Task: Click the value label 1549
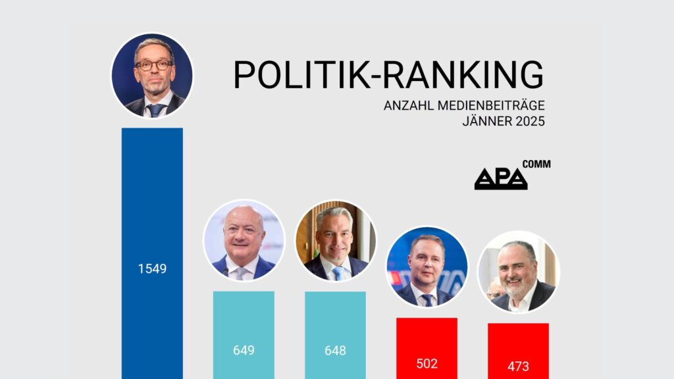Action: pyautogui.click(x=152, y=268)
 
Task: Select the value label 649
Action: pyautogui.click(x=244, y=350)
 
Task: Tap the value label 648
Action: pyautogui.click(x=335, y=350)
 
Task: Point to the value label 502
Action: pyautogui.click(x=427, y=363)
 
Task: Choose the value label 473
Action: pyautogui.click(x=518, y=366)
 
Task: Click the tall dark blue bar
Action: pyautogui.click(x=152, y=197)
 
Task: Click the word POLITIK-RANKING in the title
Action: pyautogui.click(x=389, y=74)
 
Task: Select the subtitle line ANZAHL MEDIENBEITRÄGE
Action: pyautogui.click(x=465, y=106)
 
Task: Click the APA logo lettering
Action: pyautogui.click(x=501, y=179)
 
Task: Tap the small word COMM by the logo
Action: pyautogui.click(x=536, y=164)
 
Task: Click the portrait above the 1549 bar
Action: pyautogui.click(x=152, y=74)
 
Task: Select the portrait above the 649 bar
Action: pyautogui.click(x=244, y=240)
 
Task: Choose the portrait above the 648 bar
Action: pyautogui.click(x=335, y=240)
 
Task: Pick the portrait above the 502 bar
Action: pyautogui.click(x=427, y=266)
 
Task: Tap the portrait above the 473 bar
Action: pyautogui.click(x=518, y=271)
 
